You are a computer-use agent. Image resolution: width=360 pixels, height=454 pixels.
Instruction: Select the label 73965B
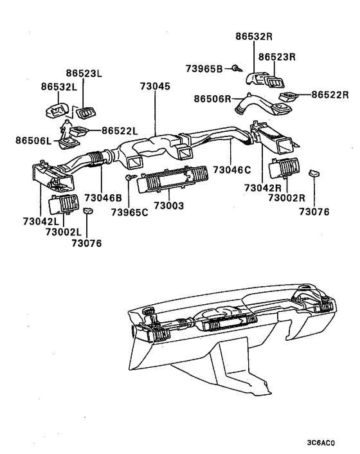pyautogui.click(x=204, y=68)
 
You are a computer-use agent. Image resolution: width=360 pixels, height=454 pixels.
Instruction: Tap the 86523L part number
pyautogui.click(x=85, y=74)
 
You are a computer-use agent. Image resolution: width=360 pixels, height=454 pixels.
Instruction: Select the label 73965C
pyautogui.click(x=130, y=212)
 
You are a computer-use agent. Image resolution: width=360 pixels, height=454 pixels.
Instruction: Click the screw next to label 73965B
pyautogui.click(x=237, y=68)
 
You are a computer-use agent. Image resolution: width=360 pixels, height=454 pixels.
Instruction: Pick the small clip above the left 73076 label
pyautogui.click(x=89, y=212)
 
